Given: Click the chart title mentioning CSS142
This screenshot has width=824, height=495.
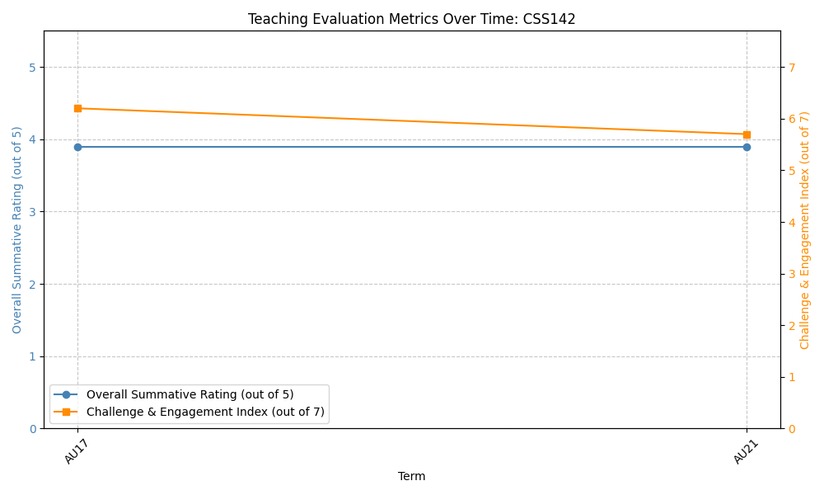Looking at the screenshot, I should (x=411, y=19).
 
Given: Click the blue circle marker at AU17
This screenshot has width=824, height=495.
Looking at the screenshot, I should (x=77, y=147).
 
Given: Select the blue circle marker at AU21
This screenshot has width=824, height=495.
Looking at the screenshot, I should (x=747, y=147).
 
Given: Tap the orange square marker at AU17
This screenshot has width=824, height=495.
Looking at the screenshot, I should (x=77, y=108).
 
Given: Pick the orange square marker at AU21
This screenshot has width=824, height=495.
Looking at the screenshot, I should (x=747, y=134).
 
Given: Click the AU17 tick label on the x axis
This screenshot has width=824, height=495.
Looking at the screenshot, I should (x=77, y=451).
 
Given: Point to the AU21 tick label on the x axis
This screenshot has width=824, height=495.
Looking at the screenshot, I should (x=746, y=451).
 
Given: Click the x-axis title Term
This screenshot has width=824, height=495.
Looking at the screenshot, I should (x=411, y=476).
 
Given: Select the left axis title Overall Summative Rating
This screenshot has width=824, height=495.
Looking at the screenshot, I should (x=17, y=230).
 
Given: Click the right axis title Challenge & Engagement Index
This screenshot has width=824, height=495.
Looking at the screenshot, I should (x=805, y=230).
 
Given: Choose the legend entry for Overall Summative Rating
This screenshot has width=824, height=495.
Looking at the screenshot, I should (x=190, y=394).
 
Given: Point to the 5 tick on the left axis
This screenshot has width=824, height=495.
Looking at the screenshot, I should (x=32, y=67).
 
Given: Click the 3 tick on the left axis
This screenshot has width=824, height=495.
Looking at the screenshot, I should (x=32, y=212).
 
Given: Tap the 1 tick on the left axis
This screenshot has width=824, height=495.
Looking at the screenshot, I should (x=32, y=356).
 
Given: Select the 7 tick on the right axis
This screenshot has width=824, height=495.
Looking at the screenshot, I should (x=791, y=67).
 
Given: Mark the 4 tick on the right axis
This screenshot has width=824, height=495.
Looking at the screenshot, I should (x=791, y=222).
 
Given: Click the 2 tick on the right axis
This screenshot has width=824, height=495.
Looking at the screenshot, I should (x=791, y=325).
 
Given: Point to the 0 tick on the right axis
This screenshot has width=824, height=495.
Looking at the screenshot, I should (x=791, y=428).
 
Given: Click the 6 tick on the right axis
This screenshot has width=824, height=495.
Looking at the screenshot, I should (x=791, y=119).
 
